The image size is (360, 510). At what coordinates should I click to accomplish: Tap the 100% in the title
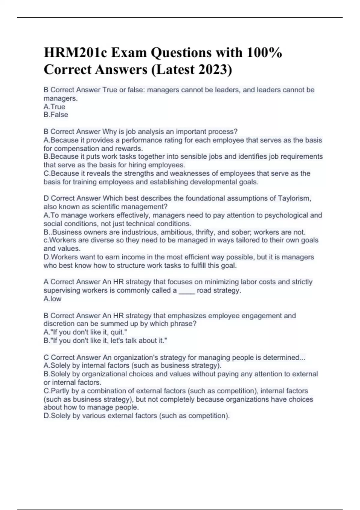(264, 53)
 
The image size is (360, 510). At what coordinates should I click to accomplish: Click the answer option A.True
(54, 107)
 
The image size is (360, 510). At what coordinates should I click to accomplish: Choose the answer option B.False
(56, 115)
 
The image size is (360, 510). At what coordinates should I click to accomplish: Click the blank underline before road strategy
(187, 291)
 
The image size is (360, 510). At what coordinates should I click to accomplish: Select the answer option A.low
(52, 299)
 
